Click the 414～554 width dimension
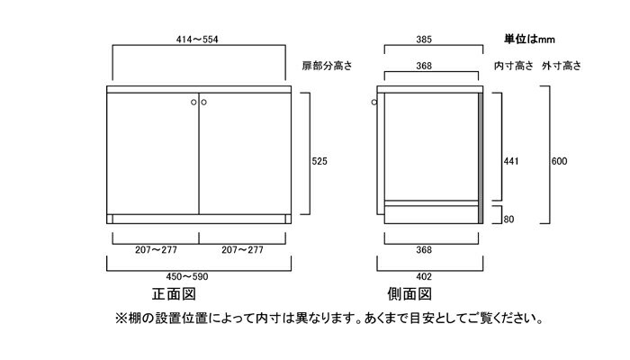coord(197,40)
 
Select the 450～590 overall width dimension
coord(187,276)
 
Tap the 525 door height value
coord(319,161)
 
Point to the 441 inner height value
coord(511,161)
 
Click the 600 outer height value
coord(559,161)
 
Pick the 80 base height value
coord(508,220)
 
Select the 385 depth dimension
coord(424,40)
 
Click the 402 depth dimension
coord(424,276)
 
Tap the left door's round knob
coord(193,102)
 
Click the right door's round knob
coord(203,102)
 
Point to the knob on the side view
coord(374,102)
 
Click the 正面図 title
coord(174,294)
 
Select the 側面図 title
coord(409,294)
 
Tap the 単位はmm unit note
coord(529,39)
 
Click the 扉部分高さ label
coord(327,66)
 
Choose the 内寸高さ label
coord(514,66)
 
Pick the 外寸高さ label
coord(562,66)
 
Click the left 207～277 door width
coord(156,250)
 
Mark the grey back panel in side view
coord(481,158)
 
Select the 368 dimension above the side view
coord(424,66)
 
